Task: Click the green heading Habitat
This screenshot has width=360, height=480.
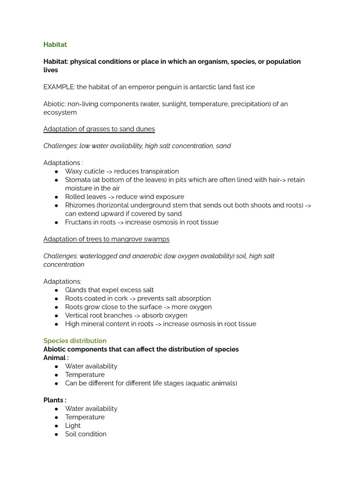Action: coord(55,45)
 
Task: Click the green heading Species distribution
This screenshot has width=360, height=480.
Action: coord(75,341)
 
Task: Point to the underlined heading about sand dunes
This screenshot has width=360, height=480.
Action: coord(99,129)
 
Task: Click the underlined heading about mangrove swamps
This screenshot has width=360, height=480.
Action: coord(106,239)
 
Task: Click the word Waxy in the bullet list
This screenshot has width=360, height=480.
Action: coord(74,172)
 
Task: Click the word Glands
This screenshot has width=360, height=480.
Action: coord(76,290)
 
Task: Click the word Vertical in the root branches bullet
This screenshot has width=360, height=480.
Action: coord(77,315)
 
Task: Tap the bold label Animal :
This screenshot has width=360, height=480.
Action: coord(56,358)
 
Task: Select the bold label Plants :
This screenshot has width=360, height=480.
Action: coord(55,400)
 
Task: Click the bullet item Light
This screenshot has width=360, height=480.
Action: coord(73,426)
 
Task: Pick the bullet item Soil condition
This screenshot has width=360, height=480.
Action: coord(86,434)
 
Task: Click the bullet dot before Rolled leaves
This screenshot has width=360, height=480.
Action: coord(56,197)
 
